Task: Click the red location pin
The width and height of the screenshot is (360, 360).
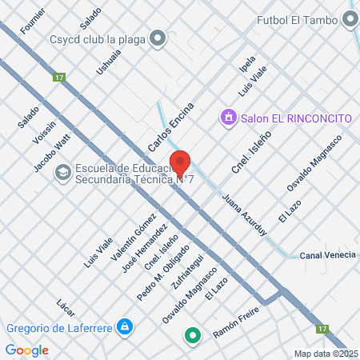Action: [180, 163]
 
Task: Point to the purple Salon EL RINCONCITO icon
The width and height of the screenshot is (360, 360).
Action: [229, 118]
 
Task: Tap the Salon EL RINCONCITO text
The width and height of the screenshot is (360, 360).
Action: [296, 118]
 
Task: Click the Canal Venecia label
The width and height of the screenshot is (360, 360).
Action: [327, 256]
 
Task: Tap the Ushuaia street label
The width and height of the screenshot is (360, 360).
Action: [108, 61]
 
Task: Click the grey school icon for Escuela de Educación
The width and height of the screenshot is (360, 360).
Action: [62, 173]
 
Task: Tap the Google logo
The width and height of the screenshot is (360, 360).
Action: [27, 350]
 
